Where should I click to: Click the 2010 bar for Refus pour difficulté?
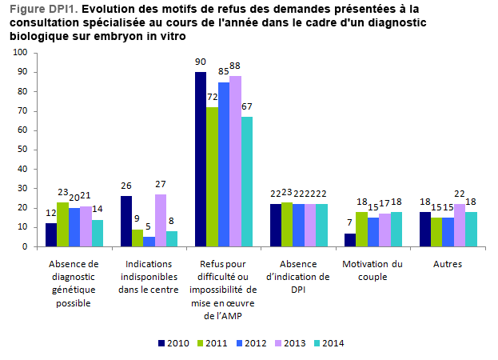pos(201,159)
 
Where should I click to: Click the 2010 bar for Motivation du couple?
pos(350,240)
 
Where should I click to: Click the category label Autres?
pos(448,263)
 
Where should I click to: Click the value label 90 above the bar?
pos(201,62)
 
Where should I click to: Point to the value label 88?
pos(236,66)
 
